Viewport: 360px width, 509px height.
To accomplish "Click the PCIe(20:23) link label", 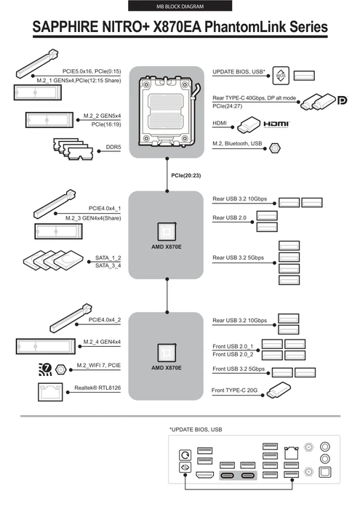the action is coord(186,176).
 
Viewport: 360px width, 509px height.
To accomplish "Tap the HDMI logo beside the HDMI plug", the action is coord(276,124).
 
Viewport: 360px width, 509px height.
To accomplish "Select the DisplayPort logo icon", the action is coord(342,100).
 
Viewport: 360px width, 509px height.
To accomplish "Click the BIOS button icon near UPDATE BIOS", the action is coord(281,76).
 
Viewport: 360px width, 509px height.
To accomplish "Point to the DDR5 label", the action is coord(113,147).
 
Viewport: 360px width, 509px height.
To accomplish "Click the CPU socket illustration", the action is coord(167,112).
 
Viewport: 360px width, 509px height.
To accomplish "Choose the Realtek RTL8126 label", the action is coord(97,388).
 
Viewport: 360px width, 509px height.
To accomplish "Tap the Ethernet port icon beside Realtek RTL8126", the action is coord(50,392).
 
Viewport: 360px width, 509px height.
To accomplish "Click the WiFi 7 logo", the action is coord(45,369).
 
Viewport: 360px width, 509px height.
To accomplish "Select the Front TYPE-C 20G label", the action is coord(234,390).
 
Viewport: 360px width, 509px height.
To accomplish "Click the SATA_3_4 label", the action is coord(108,266).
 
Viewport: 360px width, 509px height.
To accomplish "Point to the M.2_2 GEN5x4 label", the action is coord(103,116).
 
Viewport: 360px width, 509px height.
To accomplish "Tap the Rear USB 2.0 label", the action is coord(230,218).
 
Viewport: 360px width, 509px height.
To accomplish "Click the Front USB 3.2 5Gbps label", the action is coord(239,369).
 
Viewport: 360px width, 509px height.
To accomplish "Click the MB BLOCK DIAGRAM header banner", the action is coord(180,6).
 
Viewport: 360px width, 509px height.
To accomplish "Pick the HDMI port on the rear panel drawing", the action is coord(205,476).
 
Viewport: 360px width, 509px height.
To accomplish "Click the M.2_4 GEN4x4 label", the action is coord(102,342).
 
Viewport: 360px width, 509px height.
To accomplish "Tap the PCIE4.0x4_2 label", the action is coord(105,320).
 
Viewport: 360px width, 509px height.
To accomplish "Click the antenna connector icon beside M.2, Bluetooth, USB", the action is coord(275,148).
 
